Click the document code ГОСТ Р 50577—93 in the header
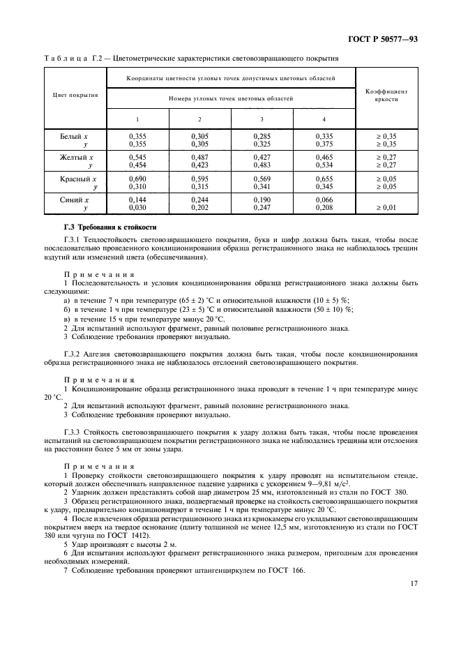click(x=381, y=39)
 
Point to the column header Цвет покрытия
click(x=75, y=95)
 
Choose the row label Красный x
click(x=74, y=179)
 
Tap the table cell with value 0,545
click(x=137, y=158)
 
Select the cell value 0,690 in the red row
click(x=137, y=179)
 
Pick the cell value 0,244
click(x=199, y=200)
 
